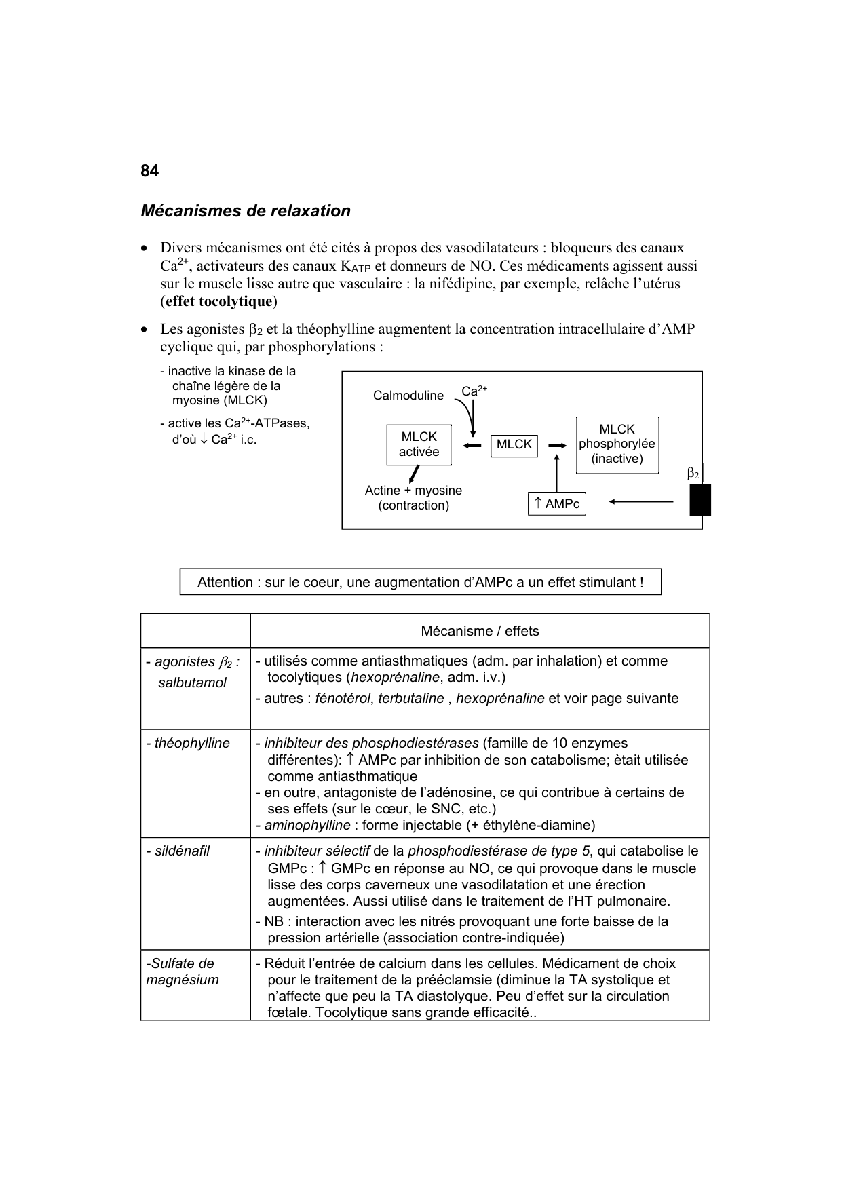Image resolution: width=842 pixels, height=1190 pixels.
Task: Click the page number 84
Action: coord(149,171)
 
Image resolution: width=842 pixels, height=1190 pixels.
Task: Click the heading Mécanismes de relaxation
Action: coord(246,211)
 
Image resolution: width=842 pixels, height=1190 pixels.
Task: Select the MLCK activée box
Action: coord(419,445)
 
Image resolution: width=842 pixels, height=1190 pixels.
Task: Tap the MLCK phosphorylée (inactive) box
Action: coord(617,444)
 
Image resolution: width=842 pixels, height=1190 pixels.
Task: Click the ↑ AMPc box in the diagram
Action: coord(556,503)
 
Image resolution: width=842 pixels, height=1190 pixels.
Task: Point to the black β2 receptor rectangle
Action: coord(700,500)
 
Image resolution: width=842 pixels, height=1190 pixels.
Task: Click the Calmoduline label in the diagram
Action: coord(408,396)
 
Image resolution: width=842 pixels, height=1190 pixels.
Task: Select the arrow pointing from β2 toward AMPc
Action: coord(640,502)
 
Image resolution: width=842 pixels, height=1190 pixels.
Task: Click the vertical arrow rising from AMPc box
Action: coord(556,473)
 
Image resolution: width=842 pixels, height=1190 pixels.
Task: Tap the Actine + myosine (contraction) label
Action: coord(413,498)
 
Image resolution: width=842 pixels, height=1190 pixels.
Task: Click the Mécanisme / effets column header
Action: coord(480,631)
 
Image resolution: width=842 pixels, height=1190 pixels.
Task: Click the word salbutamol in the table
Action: coord(192,683)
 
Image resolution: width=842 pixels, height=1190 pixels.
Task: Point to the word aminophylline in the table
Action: coord(307,825)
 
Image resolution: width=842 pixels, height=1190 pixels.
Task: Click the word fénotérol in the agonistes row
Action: coord(343,699)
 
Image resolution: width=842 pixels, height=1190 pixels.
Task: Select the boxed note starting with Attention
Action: coord(420,582)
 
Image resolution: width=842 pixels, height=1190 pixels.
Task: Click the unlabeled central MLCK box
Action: coord(514,444)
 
